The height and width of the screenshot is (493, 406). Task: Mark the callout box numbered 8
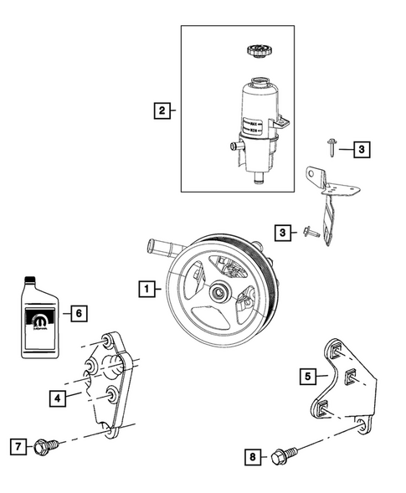coord(251,456)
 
